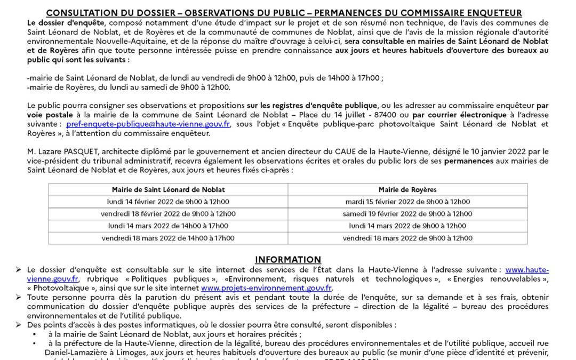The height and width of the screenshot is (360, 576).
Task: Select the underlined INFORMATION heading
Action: pyautogui.click(x=288, y=260)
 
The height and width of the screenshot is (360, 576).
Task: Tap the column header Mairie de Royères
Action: pyautogui.click(x=407, y=189)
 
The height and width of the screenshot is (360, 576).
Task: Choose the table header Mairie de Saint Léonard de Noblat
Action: pyautogui.click(x=168, y=189)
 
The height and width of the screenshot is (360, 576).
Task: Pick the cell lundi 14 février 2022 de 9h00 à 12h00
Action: pyautogui.click(x=168, y=202)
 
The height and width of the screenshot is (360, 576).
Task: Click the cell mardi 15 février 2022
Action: pyautogui.click(x=407, y=202)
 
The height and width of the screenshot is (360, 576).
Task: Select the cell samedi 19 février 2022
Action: pyautogui.click(x=407, y=214)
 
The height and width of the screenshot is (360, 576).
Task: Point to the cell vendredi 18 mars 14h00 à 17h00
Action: pyautogui.click(x=168, y=238)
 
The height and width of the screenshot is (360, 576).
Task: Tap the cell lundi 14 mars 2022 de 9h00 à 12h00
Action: pyautogui.click(x=407, y=226)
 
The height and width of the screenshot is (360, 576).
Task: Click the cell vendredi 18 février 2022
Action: pyautogui.click(x=168, y=214)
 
